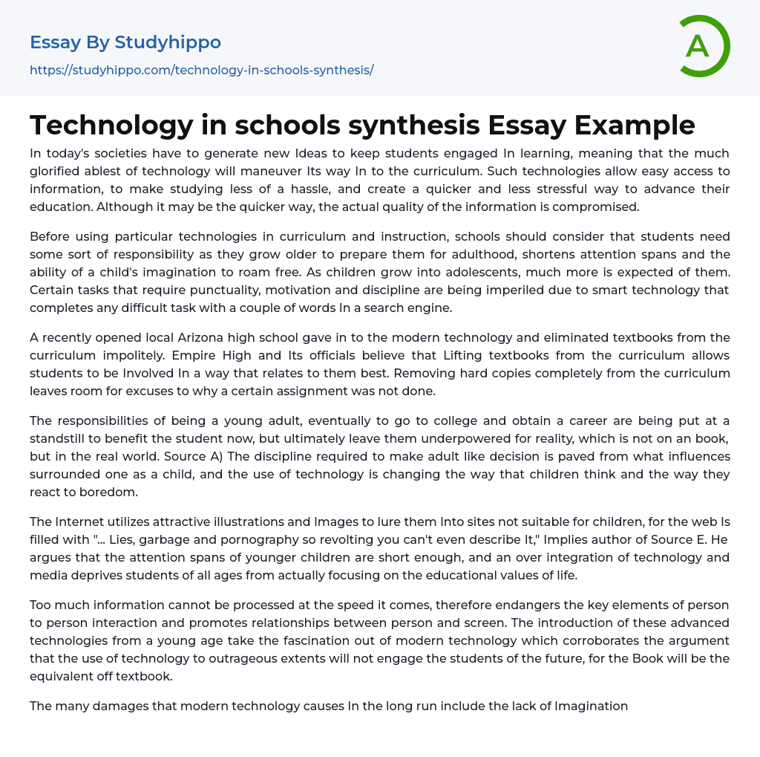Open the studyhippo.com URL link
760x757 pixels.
click(x=201, y=70)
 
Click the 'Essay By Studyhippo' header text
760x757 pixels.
click(x=125, y=42)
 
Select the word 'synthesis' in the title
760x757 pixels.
click(x=405, y=125)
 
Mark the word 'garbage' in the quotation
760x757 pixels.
click(x=162, y=539)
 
